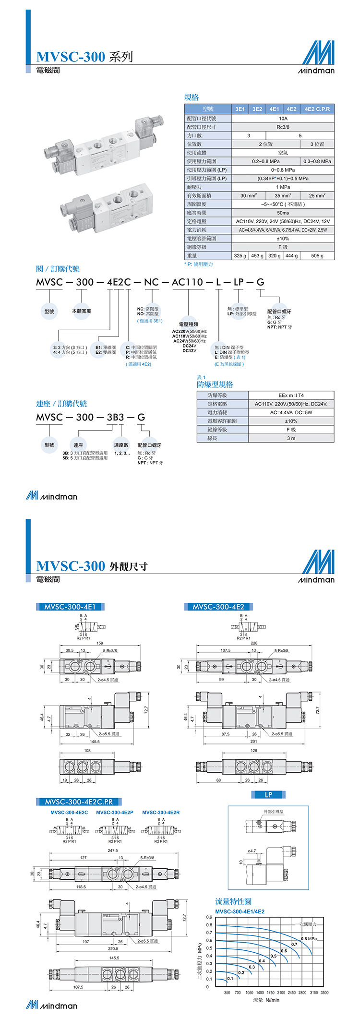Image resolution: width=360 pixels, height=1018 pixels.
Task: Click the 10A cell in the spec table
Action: click(283, 119)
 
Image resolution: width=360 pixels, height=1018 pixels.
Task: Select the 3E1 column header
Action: click(240, 109)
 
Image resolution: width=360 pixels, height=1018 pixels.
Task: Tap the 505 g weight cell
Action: click(317, 256)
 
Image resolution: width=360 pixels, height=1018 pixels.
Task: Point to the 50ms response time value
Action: click(283, 213)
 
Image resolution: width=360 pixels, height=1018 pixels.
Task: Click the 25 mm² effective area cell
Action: click(317, 195)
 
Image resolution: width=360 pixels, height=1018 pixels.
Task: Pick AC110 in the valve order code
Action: click(187, 282)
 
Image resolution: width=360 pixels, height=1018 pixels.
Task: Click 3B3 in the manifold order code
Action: click(115, 417)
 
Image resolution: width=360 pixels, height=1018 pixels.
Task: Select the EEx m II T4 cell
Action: click(291, 395)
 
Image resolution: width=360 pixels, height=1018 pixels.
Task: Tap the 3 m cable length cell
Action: click(291, 438)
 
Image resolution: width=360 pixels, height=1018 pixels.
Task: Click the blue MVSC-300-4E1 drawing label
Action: click(70, 607)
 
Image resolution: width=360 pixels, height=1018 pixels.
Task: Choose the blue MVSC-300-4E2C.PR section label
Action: click(79, 802)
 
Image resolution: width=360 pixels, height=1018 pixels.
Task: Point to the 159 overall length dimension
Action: click(100, 643)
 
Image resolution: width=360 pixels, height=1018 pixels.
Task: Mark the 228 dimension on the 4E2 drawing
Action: click(254, 643)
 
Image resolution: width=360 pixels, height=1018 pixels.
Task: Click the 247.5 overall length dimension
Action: click(113, 850)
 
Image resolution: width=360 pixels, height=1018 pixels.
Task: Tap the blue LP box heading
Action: click(268, 795)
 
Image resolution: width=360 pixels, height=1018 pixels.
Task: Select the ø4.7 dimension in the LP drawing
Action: click(252, 851)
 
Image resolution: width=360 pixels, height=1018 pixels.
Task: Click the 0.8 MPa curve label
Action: click(309, 939)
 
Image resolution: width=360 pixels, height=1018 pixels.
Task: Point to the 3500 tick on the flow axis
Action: click(324, 993)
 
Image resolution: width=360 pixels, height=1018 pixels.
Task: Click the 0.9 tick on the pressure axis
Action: click(209, 917)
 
